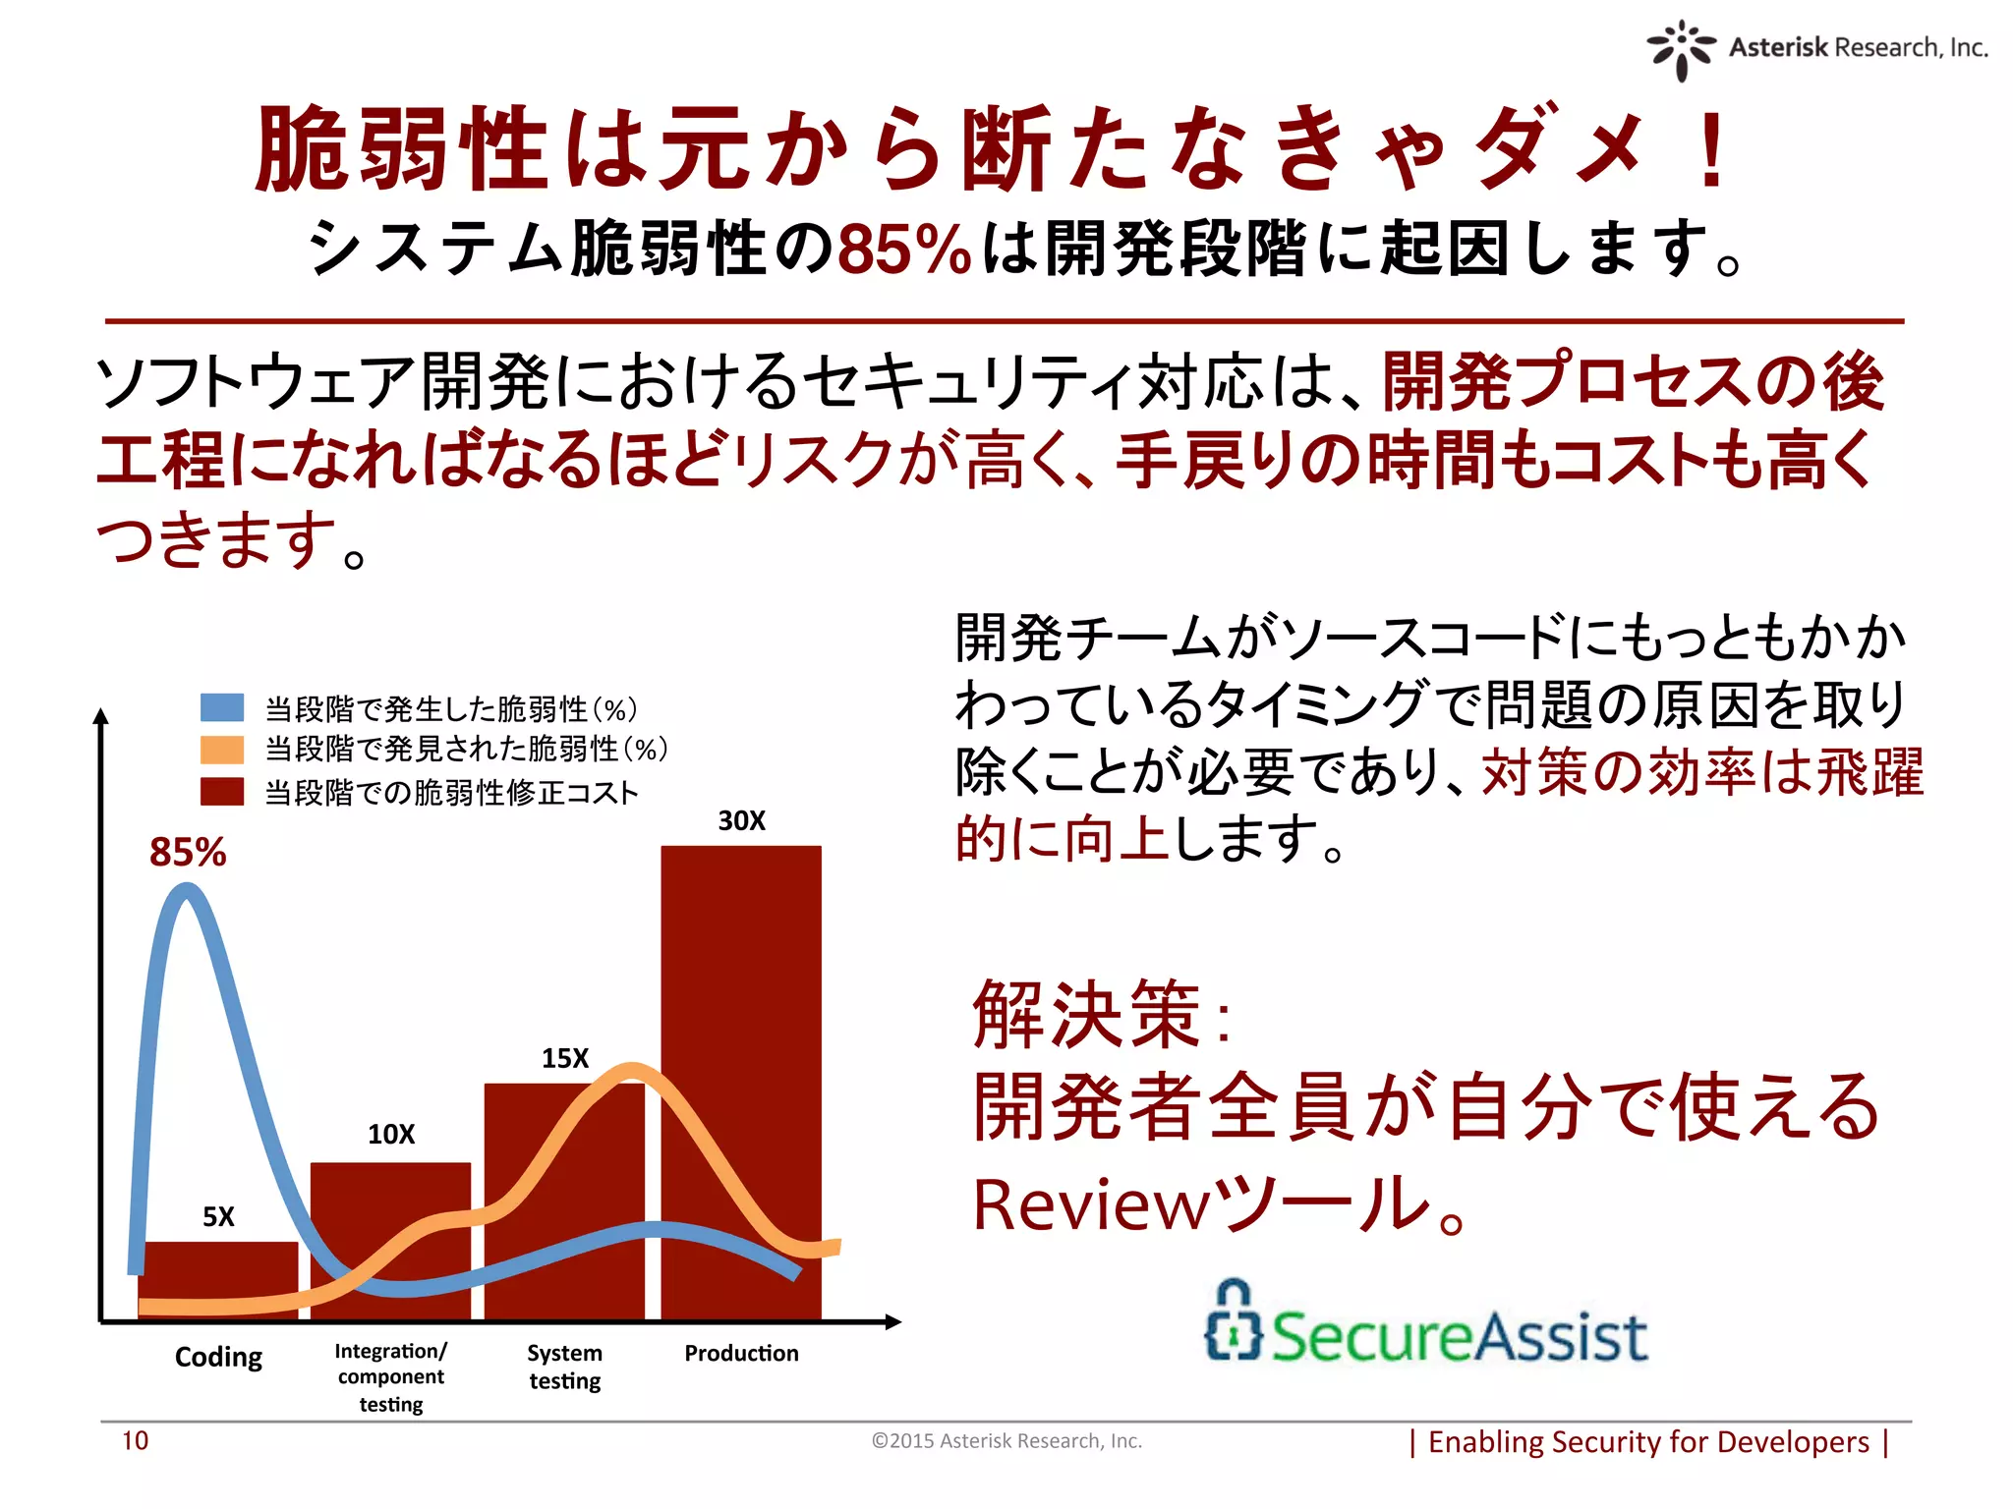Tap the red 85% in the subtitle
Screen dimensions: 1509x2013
click(x=904, y=249)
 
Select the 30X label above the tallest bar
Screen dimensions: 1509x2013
click(x=741, y=820)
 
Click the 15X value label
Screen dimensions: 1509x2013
click(x=565, y=1058)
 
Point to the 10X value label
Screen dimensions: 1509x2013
click(x=391, y=1135)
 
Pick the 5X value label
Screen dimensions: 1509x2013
click(x=218, y=1217)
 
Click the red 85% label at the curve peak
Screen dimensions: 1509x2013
click(x=188, y=852)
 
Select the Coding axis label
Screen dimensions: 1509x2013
click(x=218, y=1357)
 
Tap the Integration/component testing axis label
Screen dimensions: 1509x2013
click(x=391, y=1377)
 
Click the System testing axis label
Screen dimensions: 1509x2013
click(x=565, y=1367)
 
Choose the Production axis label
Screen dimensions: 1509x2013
click(x=741, y=1354)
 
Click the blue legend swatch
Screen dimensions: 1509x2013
click(x=222, y=707)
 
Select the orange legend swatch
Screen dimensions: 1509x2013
click(x=222, y=750)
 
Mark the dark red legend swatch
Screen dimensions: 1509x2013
click(x=222, y=792)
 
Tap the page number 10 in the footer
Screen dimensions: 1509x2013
click(x=135, y=1441)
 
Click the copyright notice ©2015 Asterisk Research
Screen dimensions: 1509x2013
click(x=1006, y=1441)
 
